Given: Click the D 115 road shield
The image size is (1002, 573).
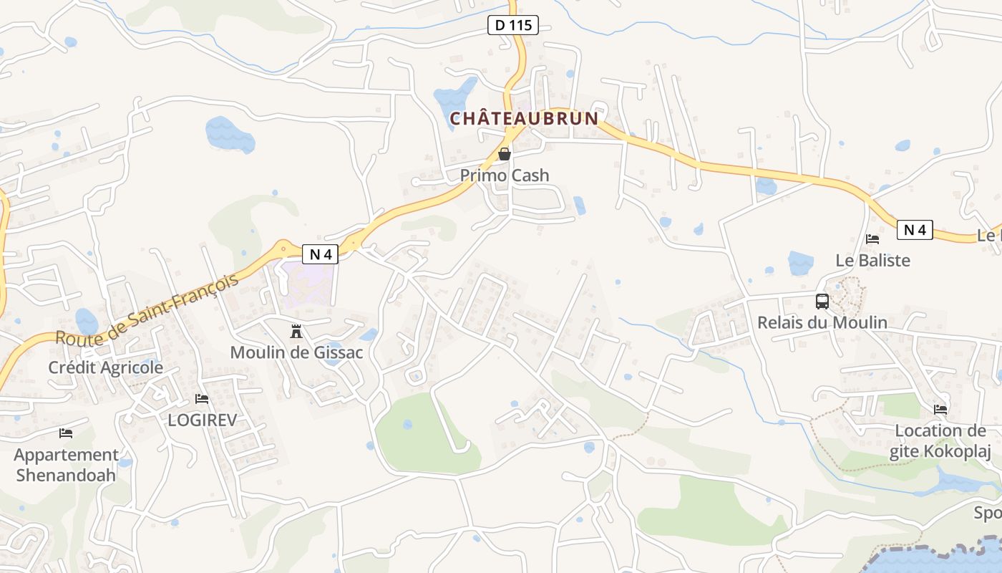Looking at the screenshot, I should coord(512,25).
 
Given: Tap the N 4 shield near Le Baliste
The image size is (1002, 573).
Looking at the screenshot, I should coord(915,230).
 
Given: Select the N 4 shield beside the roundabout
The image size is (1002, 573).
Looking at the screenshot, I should coord(319,254).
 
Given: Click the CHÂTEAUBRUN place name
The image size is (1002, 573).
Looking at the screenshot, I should coord(523,118).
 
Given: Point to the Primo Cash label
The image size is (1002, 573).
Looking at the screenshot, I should coord(505,175).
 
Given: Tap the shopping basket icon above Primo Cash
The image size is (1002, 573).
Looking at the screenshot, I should coord(505,154).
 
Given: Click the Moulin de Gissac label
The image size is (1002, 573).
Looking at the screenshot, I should coord(296,352).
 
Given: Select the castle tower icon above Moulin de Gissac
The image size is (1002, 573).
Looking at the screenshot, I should coord(296,331).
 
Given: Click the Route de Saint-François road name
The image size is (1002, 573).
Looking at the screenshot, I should coord(147,309).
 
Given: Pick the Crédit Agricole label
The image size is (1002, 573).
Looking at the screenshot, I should coord(106,367).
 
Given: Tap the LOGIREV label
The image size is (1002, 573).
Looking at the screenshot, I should coord(202,420).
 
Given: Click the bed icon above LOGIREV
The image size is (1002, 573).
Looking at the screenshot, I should coord(202,399).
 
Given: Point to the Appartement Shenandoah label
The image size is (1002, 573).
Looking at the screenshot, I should coord(66,465).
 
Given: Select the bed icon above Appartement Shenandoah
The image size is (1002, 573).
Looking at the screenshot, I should coord(66,433).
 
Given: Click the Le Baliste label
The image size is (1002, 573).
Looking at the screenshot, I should coord(872,261).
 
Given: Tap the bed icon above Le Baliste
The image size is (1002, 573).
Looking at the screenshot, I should coord(872,239).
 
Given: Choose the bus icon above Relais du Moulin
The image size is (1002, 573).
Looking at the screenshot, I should coord(822,302).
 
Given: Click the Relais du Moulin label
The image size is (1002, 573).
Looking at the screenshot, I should coord(822,323).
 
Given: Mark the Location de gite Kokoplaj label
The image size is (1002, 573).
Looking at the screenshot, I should coord(940,441).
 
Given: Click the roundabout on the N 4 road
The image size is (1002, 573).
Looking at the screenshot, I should coord(284,249).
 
